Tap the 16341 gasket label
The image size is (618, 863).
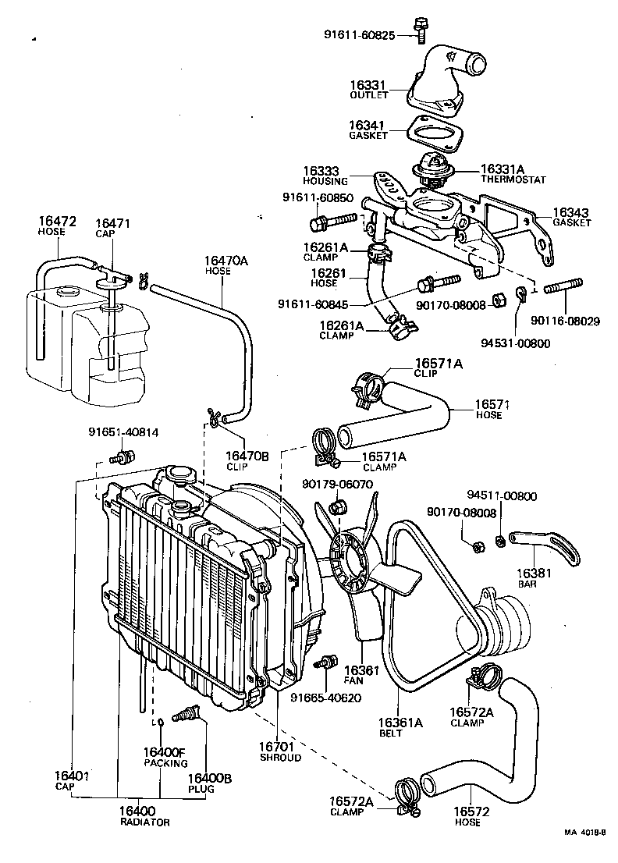pyautogui.click(x=368, y=129)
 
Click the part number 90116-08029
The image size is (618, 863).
pyautogui.click(x=566, y=320)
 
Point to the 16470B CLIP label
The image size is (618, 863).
pyautogui.click(x=247, y=460)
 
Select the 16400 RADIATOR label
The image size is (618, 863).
pyautogui.click(x=144, y=816)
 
